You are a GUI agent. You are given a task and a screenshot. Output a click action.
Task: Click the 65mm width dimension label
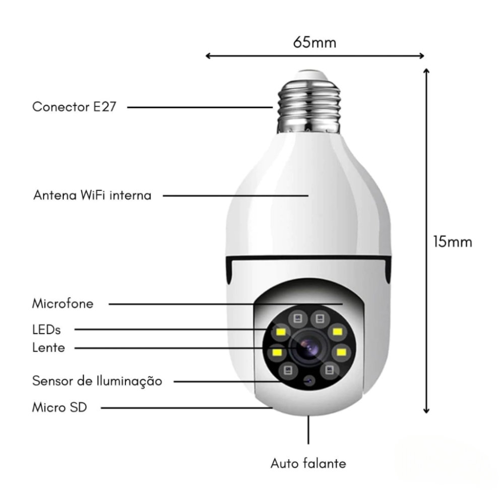[314, 42]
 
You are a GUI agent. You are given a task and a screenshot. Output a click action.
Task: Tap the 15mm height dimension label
[453, 242]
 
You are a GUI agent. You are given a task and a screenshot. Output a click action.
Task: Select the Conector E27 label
[74, 107]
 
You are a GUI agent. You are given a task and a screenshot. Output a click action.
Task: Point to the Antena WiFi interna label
[92, 195]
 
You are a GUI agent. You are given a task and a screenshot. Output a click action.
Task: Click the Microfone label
[62, 303]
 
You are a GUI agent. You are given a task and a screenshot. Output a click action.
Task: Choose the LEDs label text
[46, 330]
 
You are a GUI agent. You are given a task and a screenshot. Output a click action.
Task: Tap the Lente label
[48, 347]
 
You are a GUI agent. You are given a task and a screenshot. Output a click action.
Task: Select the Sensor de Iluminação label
[97, 381]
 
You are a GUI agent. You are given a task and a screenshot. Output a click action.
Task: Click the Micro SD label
[60, 407]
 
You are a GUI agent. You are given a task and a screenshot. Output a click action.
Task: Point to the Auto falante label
[308, 463]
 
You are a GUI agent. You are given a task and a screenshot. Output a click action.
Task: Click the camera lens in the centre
[308, 348]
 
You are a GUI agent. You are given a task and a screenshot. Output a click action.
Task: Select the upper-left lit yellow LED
[281, 332]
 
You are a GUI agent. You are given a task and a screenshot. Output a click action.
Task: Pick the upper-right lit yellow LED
[337, 332]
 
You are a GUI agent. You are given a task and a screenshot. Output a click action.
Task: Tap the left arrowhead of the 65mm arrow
[208, 56]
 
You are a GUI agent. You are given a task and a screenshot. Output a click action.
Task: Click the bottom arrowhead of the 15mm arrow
[426, 410]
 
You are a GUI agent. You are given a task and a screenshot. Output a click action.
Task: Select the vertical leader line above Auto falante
[308, 430]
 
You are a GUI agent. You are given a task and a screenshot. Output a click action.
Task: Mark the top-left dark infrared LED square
[298, 319]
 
